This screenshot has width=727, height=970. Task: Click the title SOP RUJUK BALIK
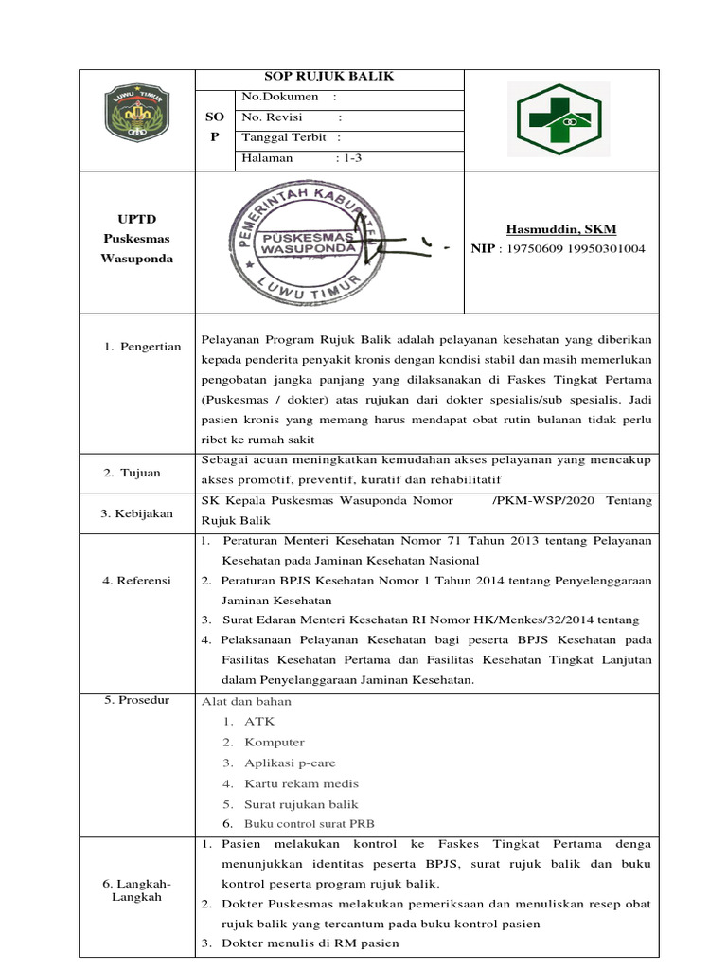pos(328,77)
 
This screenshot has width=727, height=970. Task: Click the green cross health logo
pos(559,118)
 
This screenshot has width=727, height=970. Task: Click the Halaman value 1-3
pos(350,158)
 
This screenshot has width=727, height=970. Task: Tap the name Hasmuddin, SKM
pos(559,228)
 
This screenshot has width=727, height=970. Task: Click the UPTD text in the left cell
pos(136,219)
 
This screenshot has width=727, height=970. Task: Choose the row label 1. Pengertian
pos(141,347)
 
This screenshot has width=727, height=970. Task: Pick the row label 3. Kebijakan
pos(137,512)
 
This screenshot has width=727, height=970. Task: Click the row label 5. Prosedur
pos(136,700)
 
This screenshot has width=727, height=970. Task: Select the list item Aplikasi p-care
pos(290,763)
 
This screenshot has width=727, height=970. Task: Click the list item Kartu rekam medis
pos(301,783)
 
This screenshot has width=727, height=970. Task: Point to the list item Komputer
pos(275,743)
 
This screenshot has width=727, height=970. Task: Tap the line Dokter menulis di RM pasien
pos(310,943)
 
